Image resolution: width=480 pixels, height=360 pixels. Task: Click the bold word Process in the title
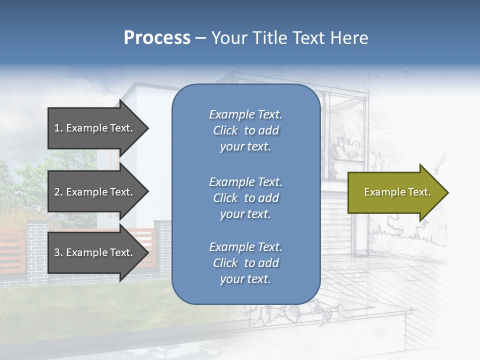(x=157, y=38)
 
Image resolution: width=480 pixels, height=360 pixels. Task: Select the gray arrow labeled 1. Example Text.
(x=95, y=128)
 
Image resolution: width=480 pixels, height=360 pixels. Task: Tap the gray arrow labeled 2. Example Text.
(x=95, y=192)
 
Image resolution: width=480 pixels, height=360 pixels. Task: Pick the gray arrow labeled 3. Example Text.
(x=95, y=252)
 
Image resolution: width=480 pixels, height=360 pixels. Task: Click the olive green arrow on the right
(x=397, y=192)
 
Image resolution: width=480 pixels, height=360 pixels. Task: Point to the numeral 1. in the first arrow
(x=58, y=128)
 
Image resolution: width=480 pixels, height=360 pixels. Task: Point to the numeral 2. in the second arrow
(x=58, y=192)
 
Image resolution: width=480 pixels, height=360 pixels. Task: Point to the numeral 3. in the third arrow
(x=58, y=252)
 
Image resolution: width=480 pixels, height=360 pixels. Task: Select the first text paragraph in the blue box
(x=245, y=130)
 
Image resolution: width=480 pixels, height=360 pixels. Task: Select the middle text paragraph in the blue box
(x=245, y=198)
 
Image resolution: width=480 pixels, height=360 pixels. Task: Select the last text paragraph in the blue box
(x=245, y=263)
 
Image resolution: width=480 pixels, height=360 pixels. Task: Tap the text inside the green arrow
(x=397, y=192)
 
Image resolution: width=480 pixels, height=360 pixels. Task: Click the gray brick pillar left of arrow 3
(x=37, y=250)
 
